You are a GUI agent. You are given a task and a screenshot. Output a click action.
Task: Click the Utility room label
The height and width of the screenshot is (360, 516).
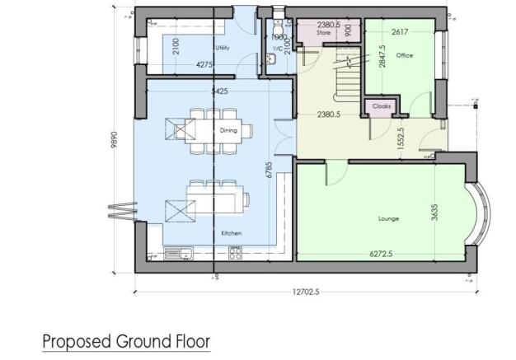[220, 48]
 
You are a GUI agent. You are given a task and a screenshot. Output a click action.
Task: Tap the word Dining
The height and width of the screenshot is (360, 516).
[228, 130]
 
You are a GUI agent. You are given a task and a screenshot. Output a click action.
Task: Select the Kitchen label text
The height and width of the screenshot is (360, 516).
[232, 234]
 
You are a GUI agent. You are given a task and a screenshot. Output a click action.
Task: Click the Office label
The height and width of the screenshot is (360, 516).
[403, 56]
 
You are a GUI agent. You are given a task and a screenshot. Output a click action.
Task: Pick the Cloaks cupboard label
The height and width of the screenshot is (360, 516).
[382, 107]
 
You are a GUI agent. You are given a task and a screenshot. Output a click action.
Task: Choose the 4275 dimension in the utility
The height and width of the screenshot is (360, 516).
[206, 64]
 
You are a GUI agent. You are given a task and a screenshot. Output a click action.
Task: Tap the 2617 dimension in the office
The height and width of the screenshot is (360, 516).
[400, 31]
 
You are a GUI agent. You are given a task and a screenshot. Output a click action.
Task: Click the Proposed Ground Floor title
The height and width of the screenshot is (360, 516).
[126, 340]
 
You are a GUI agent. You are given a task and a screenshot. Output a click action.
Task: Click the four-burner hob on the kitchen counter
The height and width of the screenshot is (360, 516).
[235, 255]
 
